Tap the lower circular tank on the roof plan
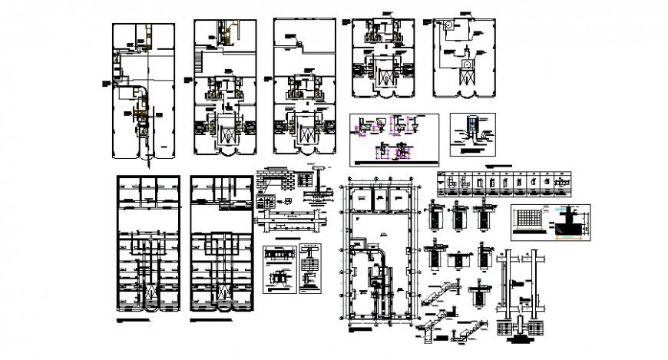466,64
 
